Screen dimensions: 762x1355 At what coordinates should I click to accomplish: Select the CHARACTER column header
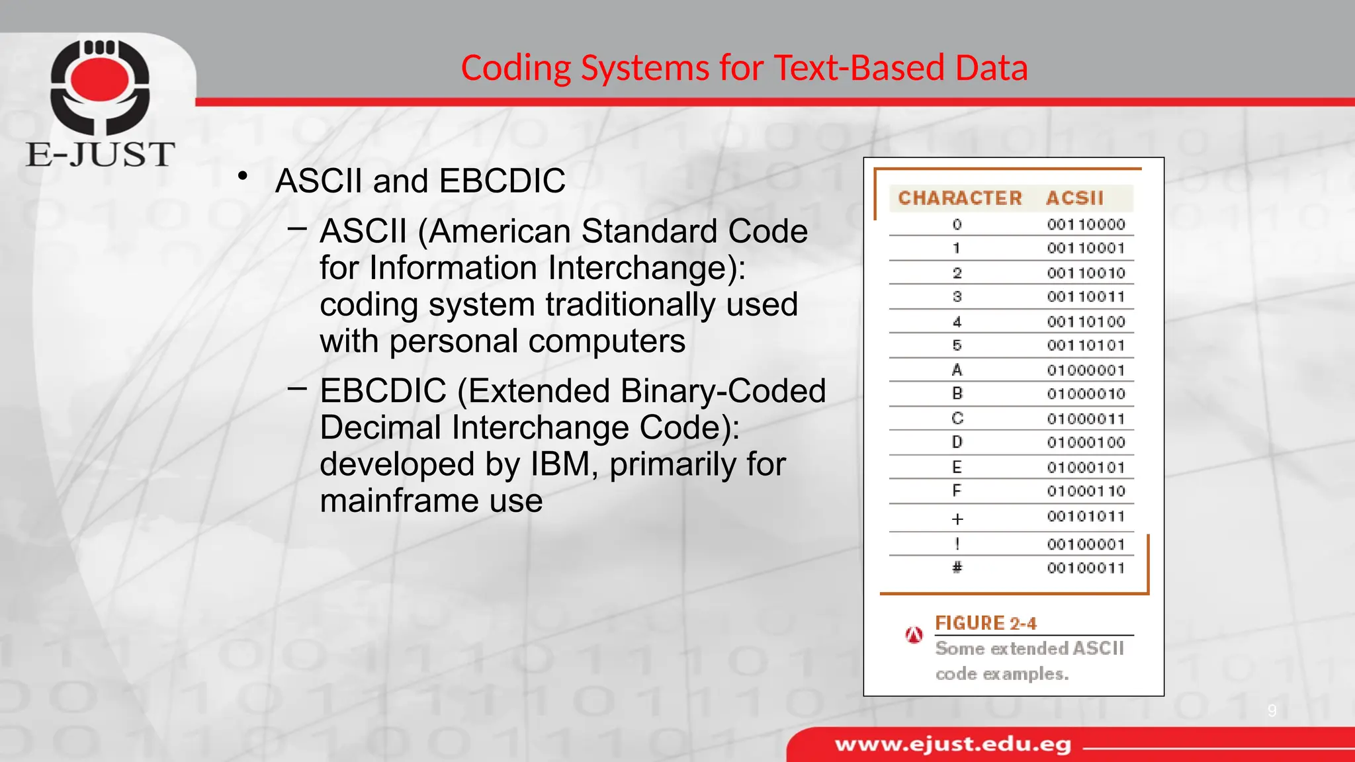pyautogui.click(x=959, y=198)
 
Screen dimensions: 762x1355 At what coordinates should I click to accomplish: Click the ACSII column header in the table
pyautogui.click(x=1074, y=198)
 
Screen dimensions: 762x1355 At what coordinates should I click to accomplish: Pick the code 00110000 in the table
pyautogui.click(x=1086, y=225)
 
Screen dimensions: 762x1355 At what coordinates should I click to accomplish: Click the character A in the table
pyautogui.click(x=957, y=370)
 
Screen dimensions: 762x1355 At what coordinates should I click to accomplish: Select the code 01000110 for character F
pyautogui.click(x=1086, y=491)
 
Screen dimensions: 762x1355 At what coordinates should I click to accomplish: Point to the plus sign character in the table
pyautogui.click(x=957, y=519)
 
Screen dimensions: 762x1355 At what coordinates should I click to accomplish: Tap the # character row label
pyautogui.click(x=957, y=568)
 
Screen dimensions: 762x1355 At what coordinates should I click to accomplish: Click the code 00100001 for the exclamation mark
pyautogui.click(x=1086, y=544)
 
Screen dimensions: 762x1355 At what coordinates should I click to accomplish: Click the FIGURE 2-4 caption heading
pyautogui.click(x=985, y=623)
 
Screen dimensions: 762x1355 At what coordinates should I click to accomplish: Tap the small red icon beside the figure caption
pyautogui.click(x=914, y=636)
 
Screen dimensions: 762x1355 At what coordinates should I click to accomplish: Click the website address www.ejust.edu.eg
pyautogui.click(x=953, y=745)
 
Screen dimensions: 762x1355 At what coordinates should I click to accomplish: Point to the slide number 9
pyautogui.click(x=1272, y=711)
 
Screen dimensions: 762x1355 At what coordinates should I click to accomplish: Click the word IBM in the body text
pyautogui.click(x=560, y=464)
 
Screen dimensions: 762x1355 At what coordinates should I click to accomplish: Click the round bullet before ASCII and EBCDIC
pyautogui.click(x=243, y=176)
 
